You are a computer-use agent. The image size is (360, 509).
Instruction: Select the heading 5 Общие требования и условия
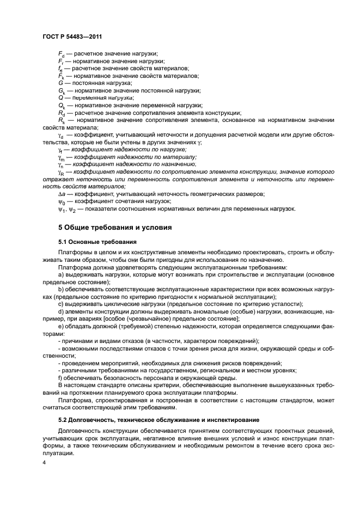(x=115, y=226)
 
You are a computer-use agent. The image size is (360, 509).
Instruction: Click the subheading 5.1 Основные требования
(x=97, y=241)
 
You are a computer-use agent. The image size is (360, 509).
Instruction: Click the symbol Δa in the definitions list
(x=61, y=194)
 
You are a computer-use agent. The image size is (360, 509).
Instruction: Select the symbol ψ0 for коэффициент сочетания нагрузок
(x=61, y=201)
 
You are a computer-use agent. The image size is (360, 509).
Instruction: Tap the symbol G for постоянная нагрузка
(x=60, y=83)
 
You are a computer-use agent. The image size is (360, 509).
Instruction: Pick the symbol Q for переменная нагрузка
(x=60, y=97)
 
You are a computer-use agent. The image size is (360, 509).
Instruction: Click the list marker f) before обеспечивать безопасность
(x=60, y=377)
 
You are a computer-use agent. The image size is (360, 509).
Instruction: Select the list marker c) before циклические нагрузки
(x=61, y=304)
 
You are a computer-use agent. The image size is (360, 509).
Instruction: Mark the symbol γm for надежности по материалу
(x=61, y=157)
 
